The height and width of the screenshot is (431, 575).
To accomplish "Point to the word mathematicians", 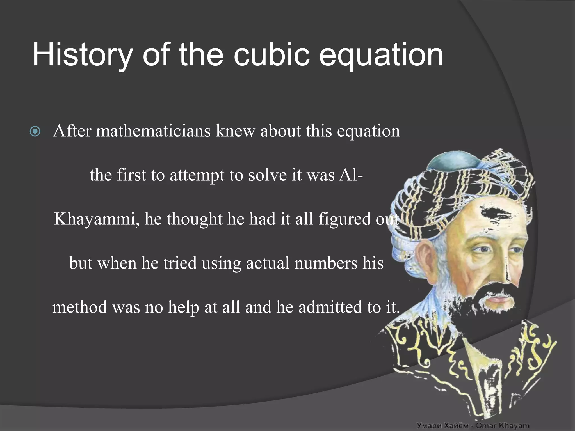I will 153,131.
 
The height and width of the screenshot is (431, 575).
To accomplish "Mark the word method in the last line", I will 80,307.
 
